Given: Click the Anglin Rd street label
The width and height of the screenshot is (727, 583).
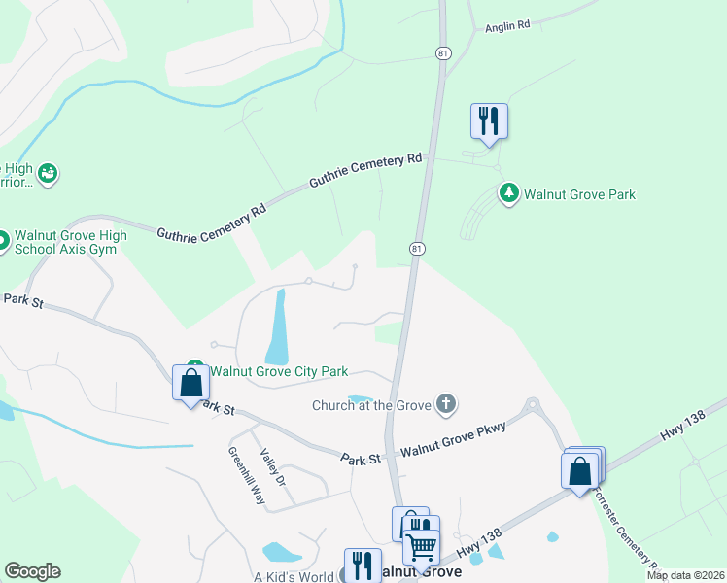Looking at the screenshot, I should point(506,28).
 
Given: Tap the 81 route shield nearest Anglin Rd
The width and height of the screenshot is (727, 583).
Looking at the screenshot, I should point(443,54).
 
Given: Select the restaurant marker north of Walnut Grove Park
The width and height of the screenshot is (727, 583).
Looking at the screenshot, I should point(489,121).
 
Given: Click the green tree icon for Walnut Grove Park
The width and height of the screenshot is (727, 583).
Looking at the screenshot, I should point(508,193).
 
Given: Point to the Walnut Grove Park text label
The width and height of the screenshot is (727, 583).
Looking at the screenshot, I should point(579,194).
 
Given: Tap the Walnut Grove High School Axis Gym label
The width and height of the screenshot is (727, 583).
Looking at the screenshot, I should point(73,242).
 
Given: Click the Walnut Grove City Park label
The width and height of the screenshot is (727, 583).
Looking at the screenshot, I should point(279,370).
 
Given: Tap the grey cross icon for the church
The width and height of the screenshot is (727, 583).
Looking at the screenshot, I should point(446,404).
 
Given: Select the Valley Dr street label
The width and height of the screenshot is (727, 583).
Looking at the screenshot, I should point(273,467).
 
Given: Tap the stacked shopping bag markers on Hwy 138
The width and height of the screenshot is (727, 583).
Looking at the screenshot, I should point(581,469).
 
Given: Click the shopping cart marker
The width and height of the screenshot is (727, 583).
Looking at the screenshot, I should point(422,546).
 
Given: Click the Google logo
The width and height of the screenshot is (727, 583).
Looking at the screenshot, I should point(32,571).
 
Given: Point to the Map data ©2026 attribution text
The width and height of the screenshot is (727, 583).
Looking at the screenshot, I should point(686,575).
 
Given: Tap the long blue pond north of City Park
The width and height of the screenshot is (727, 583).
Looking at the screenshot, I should point(277,326).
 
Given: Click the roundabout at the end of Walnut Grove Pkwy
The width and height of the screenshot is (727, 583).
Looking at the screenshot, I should point(533,404).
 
